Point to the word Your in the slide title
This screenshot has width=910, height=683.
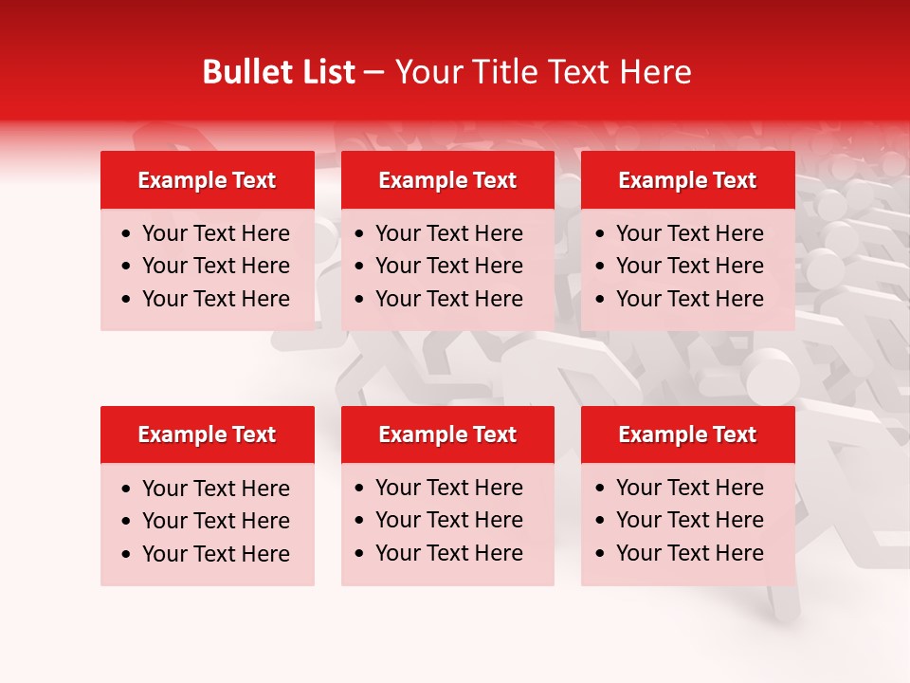coord(428,72)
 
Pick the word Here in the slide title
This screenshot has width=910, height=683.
coord(655,72)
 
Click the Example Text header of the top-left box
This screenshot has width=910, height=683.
coord(207,180)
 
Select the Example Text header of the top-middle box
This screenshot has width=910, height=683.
coord(447,180)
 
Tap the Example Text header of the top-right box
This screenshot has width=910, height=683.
coord(687,180)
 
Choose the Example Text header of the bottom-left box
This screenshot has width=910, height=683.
coord(207,434)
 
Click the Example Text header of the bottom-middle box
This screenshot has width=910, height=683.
coord(447,434)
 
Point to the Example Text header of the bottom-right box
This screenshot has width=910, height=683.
coord(687,434)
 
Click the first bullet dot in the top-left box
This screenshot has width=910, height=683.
coord(127,234)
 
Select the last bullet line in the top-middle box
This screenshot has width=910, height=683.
coord(448,299)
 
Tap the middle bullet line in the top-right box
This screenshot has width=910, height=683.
coord(689,266)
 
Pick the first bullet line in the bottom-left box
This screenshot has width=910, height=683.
coord(215,489)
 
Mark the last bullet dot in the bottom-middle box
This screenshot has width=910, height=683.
coord(360,553)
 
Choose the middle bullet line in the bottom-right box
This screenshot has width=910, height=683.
coord(689,520)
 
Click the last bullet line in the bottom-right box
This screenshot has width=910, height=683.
coord(689,553)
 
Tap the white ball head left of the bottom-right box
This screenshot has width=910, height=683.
coord(772,376)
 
